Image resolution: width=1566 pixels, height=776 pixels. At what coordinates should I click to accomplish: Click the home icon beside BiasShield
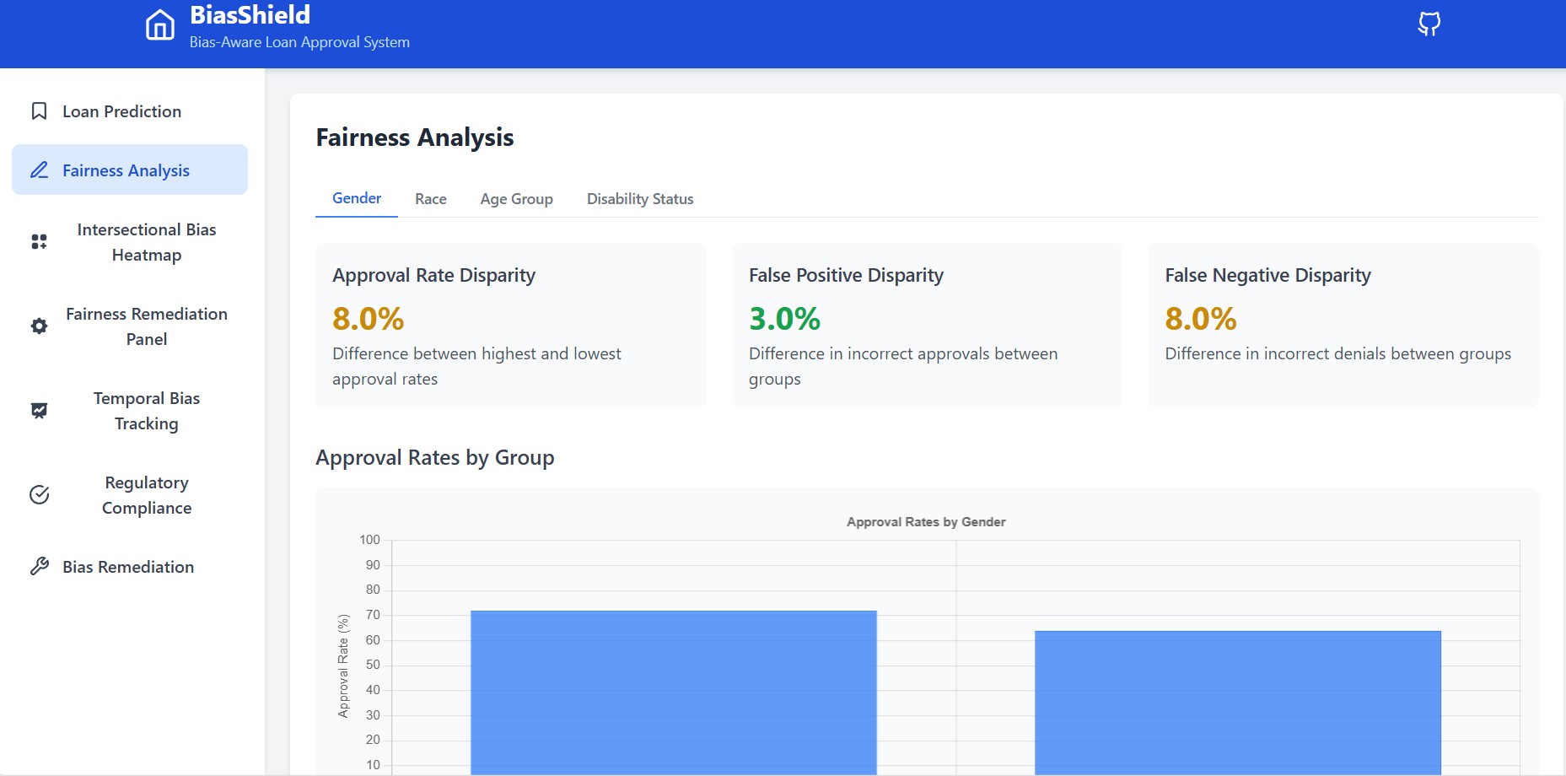160,25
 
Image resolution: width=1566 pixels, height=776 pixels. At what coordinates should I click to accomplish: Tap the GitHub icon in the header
1429,24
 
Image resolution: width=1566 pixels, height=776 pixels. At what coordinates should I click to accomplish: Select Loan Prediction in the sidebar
121,111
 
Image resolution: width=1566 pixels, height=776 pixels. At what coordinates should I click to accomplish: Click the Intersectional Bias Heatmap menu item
147,242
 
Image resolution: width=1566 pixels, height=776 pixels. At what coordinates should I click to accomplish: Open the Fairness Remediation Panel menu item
147,326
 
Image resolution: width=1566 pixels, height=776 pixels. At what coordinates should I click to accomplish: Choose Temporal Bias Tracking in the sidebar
147,411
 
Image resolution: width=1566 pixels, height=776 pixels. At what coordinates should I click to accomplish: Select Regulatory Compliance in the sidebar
147,495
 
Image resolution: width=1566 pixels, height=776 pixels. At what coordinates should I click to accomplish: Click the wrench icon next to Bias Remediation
40,566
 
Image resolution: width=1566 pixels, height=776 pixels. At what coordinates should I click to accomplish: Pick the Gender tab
357,198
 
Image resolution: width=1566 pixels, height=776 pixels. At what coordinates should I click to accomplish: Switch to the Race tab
431,199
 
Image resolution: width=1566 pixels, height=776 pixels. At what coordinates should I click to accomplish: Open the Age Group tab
517,199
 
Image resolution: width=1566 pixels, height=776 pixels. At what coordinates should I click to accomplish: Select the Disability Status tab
640,199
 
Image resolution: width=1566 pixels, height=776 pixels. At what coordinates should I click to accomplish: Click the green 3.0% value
784,319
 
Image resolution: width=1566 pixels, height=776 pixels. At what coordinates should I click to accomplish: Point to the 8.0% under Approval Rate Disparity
369,319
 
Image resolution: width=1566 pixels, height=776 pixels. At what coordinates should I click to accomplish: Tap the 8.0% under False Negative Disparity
1201,319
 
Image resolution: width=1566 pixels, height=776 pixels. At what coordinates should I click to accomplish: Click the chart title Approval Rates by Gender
926,522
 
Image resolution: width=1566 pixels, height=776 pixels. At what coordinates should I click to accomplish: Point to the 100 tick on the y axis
369,540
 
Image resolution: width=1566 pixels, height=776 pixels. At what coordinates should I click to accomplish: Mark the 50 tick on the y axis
373,665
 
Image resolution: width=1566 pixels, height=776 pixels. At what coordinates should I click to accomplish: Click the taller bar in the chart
674,692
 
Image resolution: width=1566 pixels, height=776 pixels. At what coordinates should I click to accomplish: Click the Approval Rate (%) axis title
343,666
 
